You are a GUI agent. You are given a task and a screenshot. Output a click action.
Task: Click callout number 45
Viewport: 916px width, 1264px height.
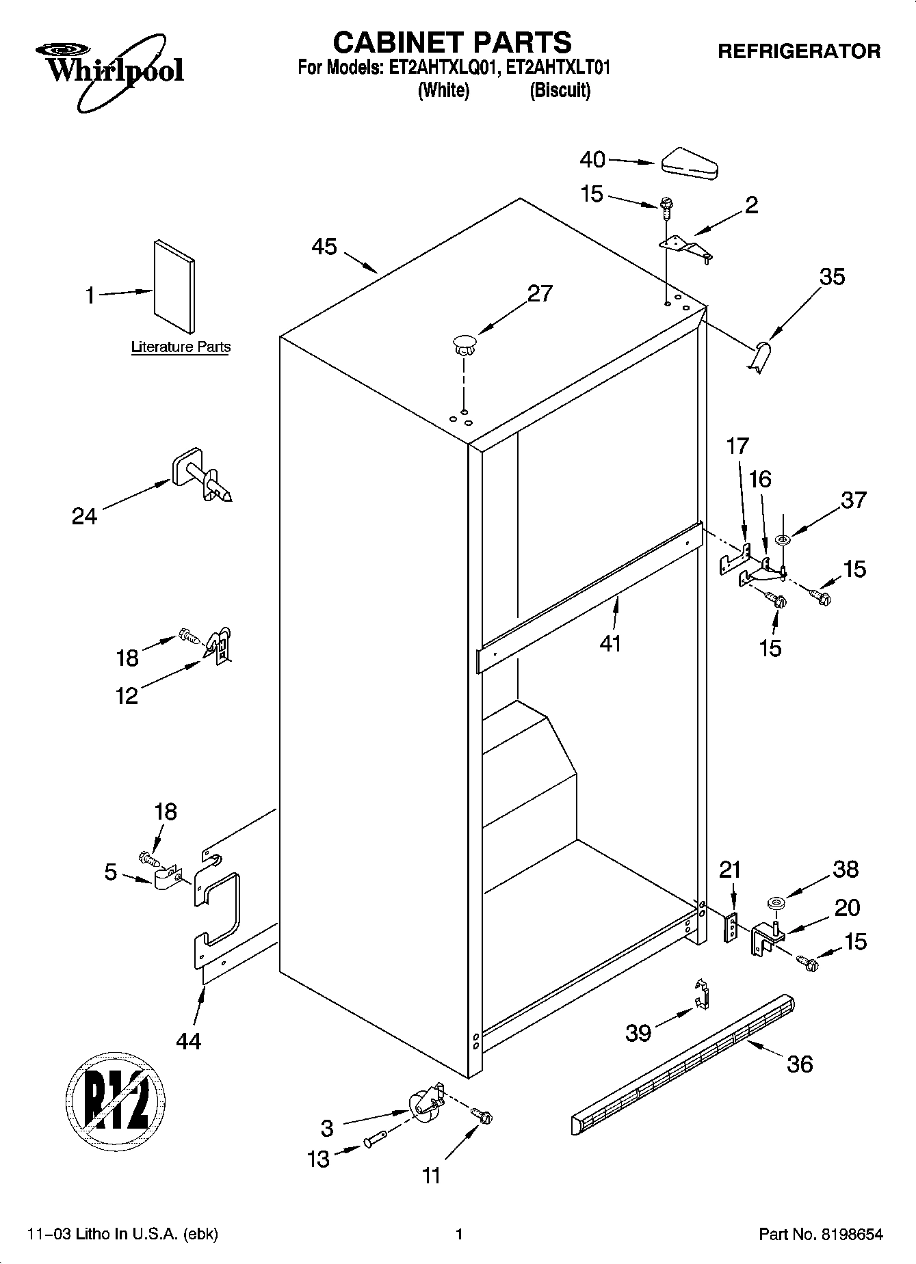point(324,247)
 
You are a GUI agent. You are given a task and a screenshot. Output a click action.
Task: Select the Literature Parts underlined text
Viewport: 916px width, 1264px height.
point(181,347)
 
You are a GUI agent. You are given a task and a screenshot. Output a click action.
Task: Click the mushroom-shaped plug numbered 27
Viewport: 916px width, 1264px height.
point(464,344)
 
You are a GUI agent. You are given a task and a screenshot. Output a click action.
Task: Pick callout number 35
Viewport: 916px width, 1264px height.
point(832,277)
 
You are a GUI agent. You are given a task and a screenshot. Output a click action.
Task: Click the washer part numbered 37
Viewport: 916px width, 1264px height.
point(783,541)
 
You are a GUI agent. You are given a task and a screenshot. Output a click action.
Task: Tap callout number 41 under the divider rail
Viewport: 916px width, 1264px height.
point(610,643)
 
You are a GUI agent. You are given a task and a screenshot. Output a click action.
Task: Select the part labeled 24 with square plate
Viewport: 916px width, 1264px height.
point(200,474)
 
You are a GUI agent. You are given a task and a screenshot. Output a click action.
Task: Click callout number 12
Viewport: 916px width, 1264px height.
point(127,696)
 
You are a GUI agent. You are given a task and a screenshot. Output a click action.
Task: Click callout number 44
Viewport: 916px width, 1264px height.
point(188,1041)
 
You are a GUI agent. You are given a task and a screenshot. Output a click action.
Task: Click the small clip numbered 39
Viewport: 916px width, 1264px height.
point(701,993)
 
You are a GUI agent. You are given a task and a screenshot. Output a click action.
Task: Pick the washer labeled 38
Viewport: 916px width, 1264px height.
point(776,904)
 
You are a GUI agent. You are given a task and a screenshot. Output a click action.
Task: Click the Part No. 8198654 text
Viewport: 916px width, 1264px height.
point(821,1235)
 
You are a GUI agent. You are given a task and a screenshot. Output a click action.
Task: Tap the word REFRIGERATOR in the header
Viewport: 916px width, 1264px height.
point(798,51)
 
